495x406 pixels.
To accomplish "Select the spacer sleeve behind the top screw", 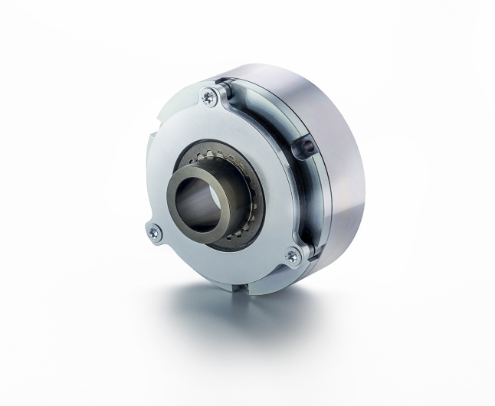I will click(222, 93).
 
